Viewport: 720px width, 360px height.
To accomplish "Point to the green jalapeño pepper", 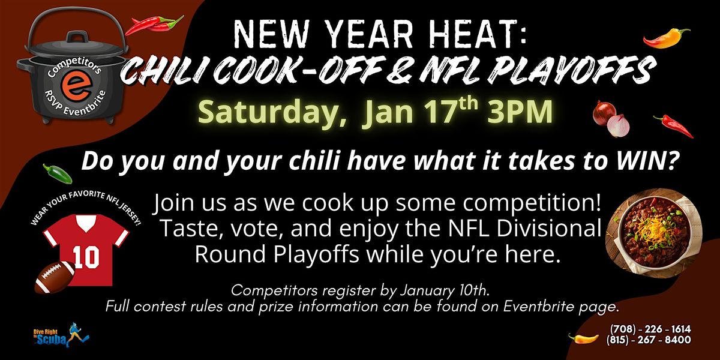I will point(58,173).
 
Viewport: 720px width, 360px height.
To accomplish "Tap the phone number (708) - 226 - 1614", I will point(649,329).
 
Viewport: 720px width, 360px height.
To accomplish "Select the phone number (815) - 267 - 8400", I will point(649,340).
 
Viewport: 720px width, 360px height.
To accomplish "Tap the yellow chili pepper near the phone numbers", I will point(583,338).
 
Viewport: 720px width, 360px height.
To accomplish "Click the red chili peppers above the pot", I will point(154,25).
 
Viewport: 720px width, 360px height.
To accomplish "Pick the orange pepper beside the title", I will point(667,38).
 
